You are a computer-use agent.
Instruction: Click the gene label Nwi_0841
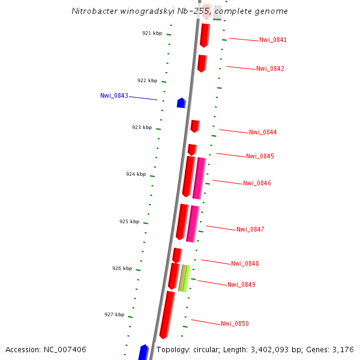(x=273, y=40)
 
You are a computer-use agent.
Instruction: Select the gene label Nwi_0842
(x=270, y=68)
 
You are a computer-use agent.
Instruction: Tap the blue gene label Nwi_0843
(x=114, y=95)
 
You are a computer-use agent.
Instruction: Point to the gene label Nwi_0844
(x=263, y=132)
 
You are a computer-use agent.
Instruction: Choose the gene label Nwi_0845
(x=260, y=156)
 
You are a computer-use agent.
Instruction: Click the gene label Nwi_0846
(x=257, y=183)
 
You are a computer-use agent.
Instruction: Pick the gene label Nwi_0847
(x=250, y=229)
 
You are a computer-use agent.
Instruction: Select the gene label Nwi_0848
(x=245, y=263)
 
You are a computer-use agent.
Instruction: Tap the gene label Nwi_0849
(x=241, y=284)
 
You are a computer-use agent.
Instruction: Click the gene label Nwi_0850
(x=235, y=324)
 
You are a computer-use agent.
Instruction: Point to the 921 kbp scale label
(x=152, y=34)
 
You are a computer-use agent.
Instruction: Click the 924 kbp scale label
(x=136, y=174)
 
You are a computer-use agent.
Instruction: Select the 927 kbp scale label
(x=114, y=314)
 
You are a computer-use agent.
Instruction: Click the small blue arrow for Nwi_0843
(x=181, y=103)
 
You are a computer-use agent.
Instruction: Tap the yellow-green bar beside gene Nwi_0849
(x=187, y=278)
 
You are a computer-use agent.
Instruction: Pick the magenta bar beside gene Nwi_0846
(x=199, y=178)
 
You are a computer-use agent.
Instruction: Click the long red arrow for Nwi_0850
(x=167, y=314)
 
